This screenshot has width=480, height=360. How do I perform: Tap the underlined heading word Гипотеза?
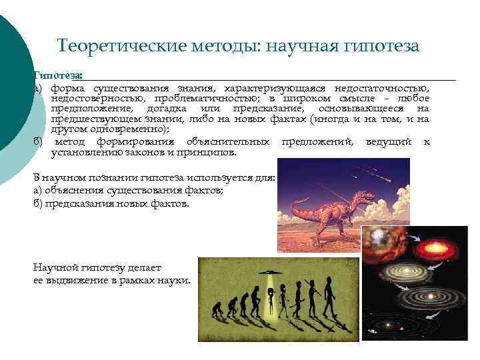(58, 76)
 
